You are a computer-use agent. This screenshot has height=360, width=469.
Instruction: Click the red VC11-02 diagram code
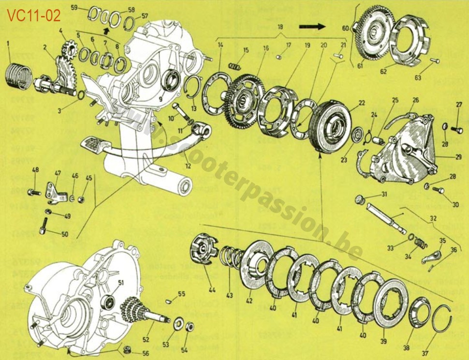coord(33,16)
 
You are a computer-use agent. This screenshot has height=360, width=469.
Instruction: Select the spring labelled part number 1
coord(20,76)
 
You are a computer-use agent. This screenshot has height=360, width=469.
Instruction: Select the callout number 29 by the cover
coord(458,157)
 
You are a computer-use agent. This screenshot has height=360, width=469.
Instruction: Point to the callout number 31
coord(383,195)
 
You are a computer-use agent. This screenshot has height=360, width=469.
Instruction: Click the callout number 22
coord(361,103)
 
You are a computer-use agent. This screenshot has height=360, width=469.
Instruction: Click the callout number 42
coord(249,300)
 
